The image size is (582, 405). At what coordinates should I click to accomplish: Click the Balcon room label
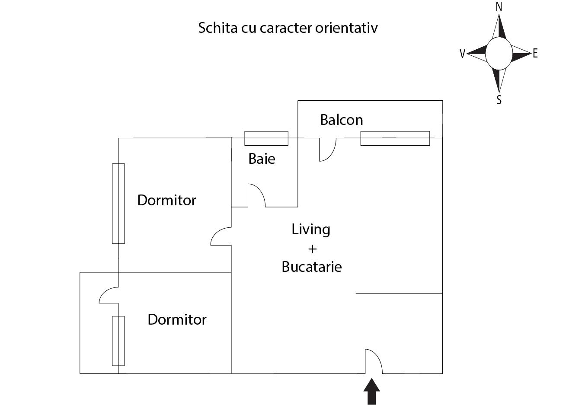pyautogui.click(x=341, y=120)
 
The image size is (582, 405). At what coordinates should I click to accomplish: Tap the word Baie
pyautogui.click(x=262, y=159)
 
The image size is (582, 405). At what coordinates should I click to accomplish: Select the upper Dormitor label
pyautogui.click(x=166, y=200)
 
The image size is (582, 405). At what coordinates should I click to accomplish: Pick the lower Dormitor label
pyautogui.click(x=177, y=319)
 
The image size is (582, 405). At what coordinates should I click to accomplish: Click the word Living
pyautogui.click(x=311, y=229)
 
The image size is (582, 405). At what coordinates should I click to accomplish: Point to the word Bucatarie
pyautogui.click(x=311, y=267)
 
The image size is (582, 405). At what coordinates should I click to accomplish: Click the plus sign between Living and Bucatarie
pyautogui.click(x=312, y=249)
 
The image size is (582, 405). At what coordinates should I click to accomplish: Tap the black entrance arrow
pyautogui.click(x=371, y=391)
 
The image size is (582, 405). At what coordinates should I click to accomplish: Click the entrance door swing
pyautogui.click(x=374, y=361)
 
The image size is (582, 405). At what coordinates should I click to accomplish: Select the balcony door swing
pyautogui.click(x=327, y=150)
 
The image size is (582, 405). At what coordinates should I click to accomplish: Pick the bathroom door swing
pyautogui.click(x=256, y=195)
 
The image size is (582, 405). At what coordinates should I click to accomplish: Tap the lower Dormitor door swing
pyautogui.click(x=109, y=295)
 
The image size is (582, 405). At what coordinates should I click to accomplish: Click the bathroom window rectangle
pyautogui.click(x=266, y=138)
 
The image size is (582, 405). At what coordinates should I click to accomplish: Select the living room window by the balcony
pyautogui.click(x=395, y=138)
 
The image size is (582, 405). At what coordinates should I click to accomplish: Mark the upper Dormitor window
pyautogui.click(x=118, y=204)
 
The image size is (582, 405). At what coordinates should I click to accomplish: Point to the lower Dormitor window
pyautogui.click(x=118, y=341)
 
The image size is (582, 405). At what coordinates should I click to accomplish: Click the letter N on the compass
pyautogui.click(x=499, y=6)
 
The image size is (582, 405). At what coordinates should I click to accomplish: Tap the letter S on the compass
pyautogui.click(x=499, y=100)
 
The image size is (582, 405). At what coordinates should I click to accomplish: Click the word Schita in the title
pyautogui.click(x=213, y=28)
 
